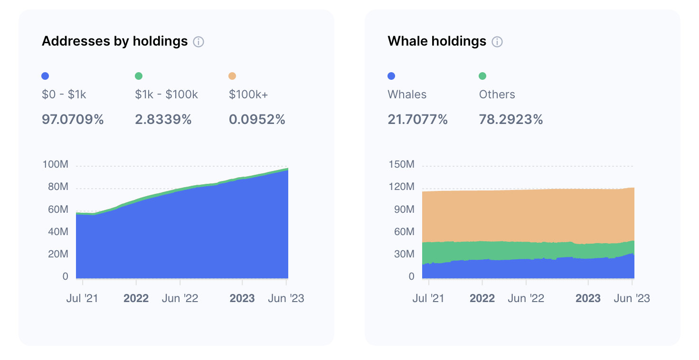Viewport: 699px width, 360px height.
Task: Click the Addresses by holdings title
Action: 114,41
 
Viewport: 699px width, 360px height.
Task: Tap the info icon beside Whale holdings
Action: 497,42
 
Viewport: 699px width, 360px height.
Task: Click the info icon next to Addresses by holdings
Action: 198,42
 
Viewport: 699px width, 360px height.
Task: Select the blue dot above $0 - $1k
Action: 46,76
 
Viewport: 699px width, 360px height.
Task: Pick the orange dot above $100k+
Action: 232,76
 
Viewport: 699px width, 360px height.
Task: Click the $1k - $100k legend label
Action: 166,95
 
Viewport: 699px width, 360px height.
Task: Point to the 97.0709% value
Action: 73,120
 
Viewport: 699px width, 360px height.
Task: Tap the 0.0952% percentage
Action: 257,120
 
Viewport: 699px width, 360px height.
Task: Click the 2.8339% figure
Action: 163,120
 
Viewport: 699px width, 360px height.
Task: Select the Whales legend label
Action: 407,95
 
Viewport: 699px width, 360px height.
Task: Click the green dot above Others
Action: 482,76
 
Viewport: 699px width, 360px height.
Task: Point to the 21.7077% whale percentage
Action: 417,120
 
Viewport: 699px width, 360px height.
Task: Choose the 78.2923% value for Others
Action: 511,120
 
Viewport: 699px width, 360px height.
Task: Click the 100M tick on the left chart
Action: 56,165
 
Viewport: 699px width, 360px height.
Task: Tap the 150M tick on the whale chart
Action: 401,165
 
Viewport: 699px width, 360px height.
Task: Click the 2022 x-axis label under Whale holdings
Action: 482,299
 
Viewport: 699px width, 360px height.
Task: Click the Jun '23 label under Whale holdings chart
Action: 632,299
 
